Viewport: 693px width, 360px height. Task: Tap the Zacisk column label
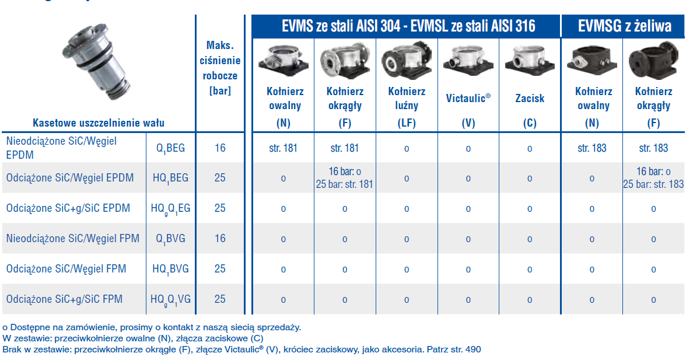click(x=530, y=98)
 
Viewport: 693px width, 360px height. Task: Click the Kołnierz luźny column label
click(x=407, y=98)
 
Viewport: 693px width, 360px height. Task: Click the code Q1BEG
click(x=170, y=148)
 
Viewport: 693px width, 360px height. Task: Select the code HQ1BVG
click(x=170, y=269)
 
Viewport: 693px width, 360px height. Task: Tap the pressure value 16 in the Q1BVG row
click(x=220, y=239)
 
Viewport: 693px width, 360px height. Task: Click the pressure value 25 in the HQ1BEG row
click(x=220, y=178)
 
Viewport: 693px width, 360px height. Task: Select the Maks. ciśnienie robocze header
click(x=220, y=68)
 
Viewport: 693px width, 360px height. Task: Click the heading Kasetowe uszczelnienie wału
click(x=99, y=123)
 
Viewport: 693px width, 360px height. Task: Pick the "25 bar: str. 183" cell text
click(x=653, y=184)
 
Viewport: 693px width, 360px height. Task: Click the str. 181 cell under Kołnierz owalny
click(x=283, y=148)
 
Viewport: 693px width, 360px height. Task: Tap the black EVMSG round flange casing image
click(x=653, y=60)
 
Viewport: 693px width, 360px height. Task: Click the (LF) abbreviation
click(x=407, y=123)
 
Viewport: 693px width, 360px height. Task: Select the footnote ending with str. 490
click(x=242, y=349)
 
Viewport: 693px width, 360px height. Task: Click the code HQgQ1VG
click(x=170, y=299)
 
